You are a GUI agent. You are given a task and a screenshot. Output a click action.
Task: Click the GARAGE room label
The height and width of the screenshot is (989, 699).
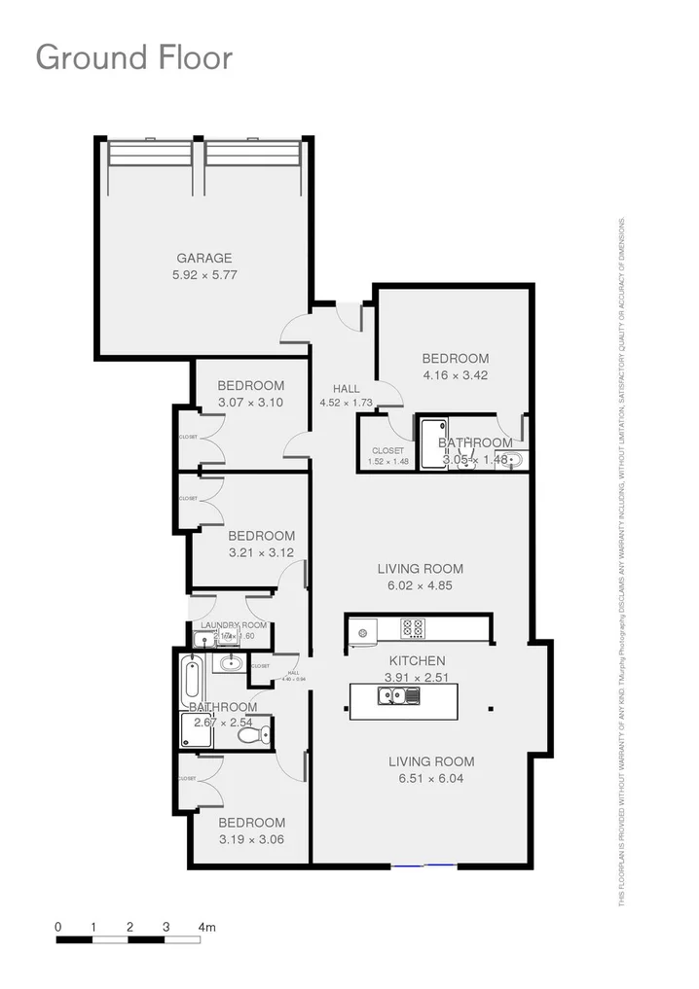(x=204, y=258)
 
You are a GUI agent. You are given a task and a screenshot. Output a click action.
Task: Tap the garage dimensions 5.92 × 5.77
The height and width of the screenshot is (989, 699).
(x=204, y=275)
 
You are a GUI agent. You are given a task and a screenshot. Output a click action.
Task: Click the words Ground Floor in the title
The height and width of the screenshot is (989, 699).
(x=133, y=57)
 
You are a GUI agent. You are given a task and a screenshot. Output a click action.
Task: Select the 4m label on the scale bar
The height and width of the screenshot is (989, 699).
(x=206, y=927)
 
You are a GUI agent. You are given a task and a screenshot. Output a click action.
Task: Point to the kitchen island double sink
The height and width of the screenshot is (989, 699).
(x=398, y=694)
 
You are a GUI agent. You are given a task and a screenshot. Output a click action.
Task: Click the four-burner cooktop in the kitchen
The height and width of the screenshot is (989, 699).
(x=413, y=629)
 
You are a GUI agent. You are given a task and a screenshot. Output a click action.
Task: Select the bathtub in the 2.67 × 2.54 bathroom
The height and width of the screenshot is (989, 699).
(x=190, y=680)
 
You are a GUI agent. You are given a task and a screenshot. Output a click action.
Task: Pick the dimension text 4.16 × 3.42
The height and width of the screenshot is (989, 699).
(x=456, y=375)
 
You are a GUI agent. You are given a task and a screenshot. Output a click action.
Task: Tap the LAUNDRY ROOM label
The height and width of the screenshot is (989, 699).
(x=234, y=625)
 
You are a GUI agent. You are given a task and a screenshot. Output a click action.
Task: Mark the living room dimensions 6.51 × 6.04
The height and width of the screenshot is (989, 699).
(x=431, y=780)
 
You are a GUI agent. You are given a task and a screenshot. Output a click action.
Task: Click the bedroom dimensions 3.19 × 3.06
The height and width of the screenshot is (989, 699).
(x=251, y=839)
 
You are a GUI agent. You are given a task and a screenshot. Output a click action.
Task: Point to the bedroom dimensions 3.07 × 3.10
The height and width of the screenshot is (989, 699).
(x=250, y=403)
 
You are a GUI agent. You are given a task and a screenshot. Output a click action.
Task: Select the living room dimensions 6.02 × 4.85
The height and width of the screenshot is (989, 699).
(x=421, y=586)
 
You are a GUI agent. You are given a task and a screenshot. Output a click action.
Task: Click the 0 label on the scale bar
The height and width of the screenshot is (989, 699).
(x=58, y=927)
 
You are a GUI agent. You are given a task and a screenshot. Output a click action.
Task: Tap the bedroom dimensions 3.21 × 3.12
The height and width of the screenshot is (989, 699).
(x=261, y=552)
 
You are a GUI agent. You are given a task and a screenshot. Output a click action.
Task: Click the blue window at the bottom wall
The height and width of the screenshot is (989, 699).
(x=423, y=864)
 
